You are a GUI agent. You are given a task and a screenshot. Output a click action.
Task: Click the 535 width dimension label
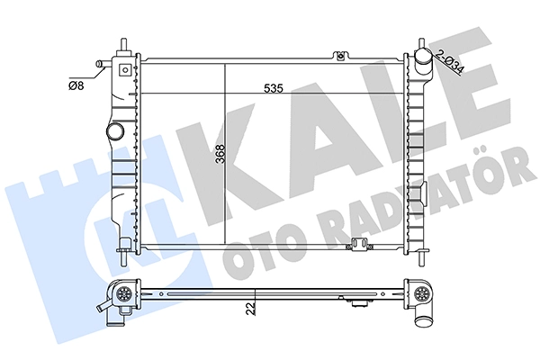click(273, 88)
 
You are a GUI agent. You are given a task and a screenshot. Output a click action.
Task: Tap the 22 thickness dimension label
click(252, 309)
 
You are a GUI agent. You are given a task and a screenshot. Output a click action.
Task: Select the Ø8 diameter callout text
click(76, 85)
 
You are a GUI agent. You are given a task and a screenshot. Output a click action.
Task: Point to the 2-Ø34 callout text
click(449, 62)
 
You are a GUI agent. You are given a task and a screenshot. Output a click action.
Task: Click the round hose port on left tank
click(114, 130)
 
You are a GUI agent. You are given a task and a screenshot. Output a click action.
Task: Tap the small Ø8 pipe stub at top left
click(101, 64)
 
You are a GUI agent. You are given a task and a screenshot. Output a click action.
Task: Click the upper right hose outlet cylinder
click(422, 60)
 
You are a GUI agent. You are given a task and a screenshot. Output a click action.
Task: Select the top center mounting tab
click(340, 56)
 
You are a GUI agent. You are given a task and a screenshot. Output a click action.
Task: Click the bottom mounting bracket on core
click(359, 246)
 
